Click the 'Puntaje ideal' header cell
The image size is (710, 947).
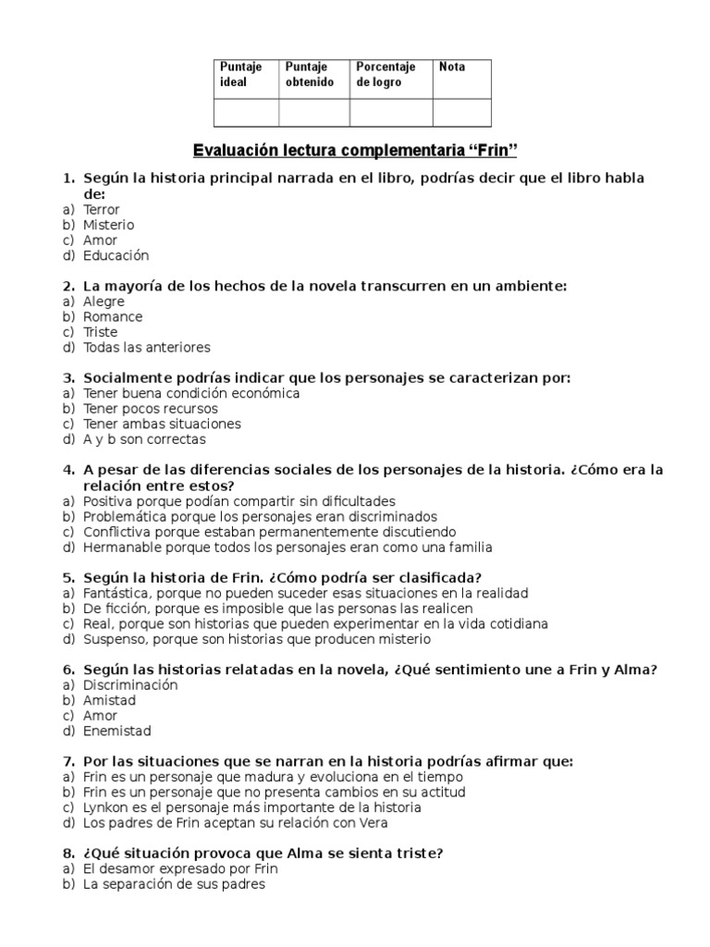click(x=245, y=75)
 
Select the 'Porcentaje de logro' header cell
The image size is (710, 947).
click(x=390, y=75)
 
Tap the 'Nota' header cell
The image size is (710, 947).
click(x=461, y=75)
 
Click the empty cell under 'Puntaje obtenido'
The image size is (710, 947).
click(x=313, y=113)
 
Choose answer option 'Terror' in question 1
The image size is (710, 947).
click(x=101, y=210)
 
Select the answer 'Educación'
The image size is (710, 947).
click(x=116, y=256)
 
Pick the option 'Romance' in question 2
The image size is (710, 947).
click(x=113, y=317)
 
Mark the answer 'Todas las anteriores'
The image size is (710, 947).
click(x=146, y=348)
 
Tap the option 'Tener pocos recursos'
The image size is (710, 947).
click(x=150, y=409)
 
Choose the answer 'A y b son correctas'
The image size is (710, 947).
click(x=144, y=439)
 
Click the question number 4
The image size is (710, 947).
click(x=68, y=470)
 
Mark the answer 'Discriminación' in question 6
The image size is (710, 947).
click(x=130, y=685)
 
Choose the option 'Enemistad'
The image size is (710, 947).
click(x=116, y=731)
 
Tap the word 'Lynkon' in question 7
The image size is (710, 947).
click(x=105, y=807)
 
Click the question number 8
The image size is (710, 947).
click(x=68, y=854)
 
